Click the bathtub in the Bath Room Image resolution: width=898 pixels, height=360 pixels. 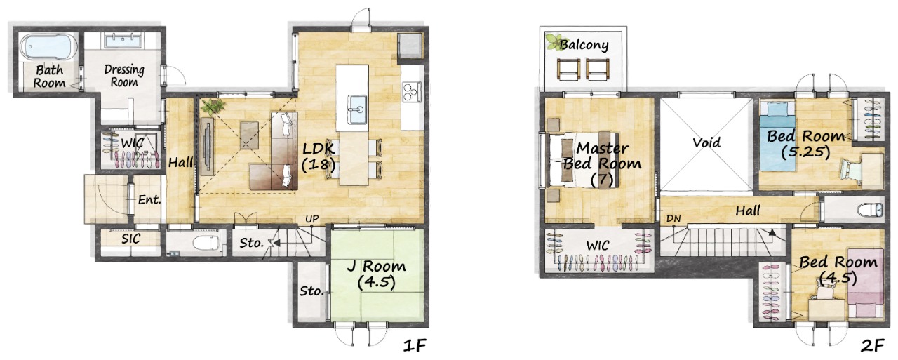click(49, 46)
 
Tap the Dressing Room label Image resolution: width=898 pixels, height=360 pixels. click(124, 76)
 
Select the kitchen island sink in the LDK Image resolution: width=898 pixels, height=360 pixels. click(357, 106)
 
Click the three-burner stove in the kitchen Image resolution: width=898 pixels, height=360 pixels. click(412, 91)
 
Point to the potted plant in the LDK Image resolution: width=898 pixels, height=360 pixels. click(213, 107)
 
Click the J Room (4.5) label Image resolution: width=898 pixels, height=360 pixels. click(376, 274)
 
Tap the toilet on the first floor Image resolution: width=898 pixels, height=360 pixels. click(205, 243)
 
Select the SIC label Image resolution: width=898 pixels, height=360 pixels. click(130, 239)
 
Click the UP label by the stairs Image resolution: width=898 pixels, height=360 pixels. click(312, 219)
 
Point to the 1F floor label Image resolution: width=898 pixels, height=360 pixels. click(414, 345)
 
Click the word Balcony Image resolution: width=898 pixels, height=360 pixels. click(584, 45)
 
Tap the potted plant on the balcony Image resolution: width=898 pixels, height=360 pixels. click(554, 41)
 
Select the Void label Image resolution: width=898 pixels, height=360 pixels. click(706, 142)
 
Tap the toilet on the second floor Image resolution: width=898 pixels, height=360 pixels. click(871, 210)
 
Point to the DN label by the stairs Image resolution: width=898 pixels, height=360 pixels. click(673, 219)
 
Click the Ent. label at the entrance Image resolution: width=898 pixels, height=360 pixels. click(149, 199)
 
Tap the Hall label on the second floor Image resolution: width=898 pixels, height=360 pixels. click(748, 211)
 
